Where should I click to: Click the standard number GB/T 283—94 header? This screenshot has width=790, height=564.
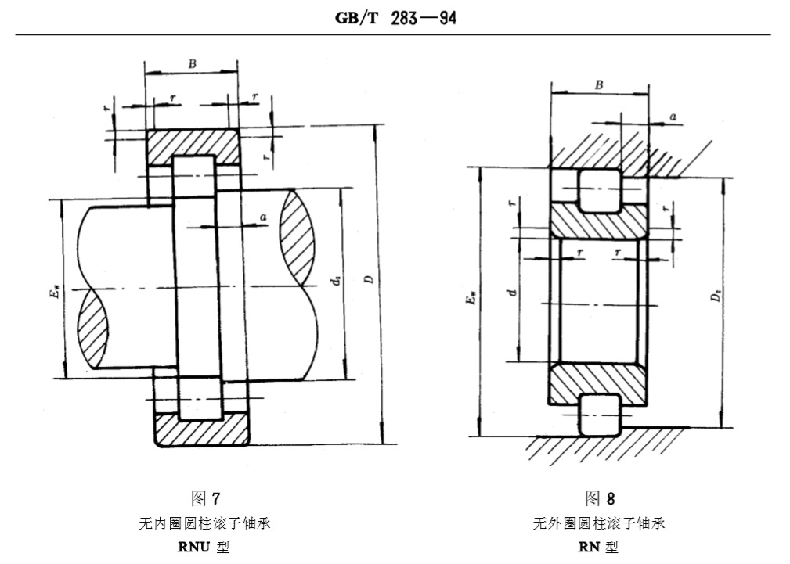click(x=395, y=16)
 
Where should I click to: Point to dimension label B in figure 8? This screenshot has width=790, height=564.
click(x=599, y=84)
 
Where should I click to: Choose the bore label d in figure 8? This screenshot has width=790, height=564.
click(x=510, y=292)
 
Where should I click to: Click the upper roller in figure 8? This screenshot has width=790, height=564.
click(x=599, y=189)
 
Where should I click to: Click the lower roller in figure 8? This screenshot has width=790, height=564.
click(x=597, y=411)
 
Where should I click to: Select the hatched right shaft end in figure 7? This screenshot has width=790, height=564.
click(x=298, y=234)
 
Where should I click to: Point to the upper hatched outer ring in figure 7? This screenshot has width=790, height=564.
click(x=194, y=146)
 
